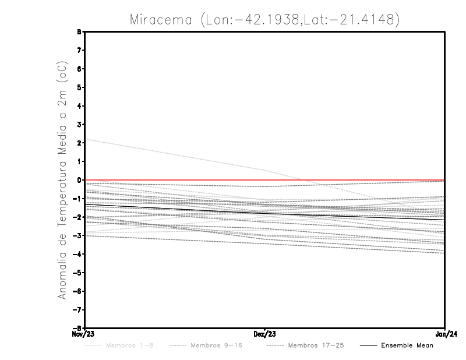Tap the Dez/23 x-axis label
(x=265, y=334)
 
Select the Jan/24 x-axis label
(x=445, y=334)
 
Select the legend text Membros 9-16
(x=216, y=345)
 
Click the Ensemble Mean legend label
(x=407, y=345)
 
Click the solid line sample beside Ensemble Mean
(x=368, y=345)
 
